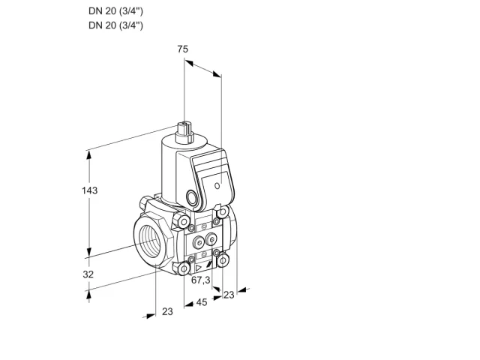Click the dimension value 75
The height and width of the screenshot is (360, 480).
click(x=183, y=49)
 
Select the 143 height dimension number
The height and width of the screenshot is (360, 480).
click(x=89, y=190)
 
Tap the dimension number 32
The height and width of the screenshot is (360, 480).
click(x=88, y=274)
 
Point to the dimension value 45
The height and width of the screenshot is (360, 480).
click(x=202, y=302)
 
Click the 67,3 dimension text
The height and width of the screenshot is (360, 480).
click(x=201, y=280)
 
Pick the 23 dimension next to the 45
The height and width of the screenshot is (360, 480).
click(x=229, y=295)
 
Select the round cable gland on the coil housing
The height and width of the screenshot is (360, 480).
click(x=192, y=197)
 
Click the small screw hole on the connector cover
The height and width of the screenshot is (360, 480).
click(x=217, y=185)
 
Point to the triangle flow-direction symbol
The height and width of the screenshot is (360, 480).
click(x=199, y=268)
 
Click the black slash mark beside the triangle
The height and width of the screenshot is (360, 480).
click(x=209, y=265)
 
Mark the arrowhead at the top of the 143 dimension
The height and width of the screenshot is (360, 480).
click(x=89, y=155)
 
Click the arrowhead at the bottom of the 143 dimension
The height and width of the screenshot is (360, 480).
click(x=89, y=252)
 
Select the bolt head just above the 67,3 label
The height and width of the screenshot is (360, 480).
click(x=184, y=268)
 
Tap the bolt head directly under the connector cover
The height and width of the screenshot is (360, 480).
click(x=223, y=211)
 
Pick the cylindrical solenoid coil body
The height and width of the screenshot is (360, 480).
click(x=169, y=172)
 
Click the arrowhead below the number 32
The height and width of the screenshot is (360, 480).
click(x=89, y=295)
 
